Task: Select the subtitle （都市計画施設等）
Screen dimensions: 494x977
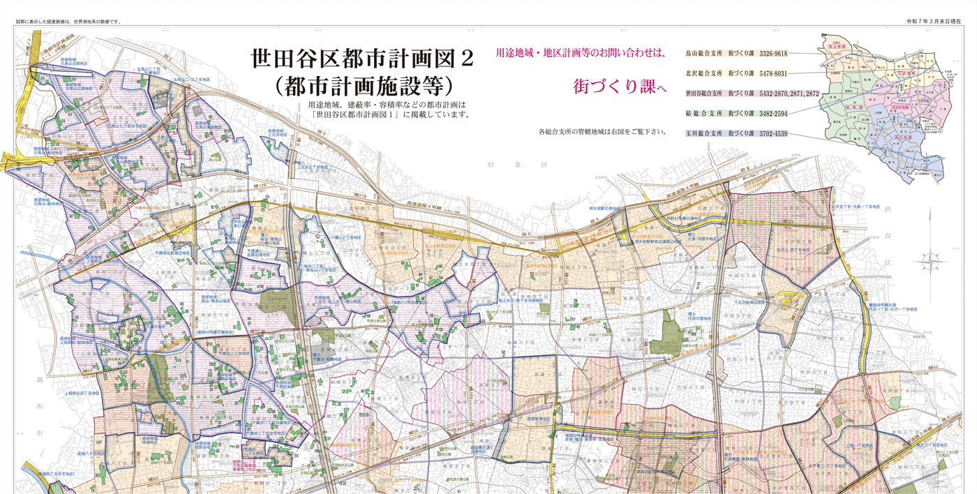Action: [364, 86]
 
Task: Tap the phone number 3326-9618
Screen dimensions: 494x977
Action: [773, 54]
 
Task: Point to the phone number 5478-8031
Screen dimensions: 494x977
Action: [773, 73]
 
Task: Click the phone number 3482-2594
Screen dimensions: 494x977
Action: [773, 113]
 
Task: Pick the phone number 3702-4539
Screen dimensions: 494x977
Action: [773, 133]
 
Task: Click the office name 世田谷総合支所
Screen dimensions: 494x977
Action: [704, 93]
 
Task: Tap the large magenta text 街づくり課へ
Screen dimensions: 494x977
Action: [620, 87]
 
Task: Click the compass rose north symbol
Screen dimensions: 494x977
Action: [932, 262]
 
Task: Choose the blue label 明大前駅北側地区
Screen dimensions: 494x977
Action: [604, 208]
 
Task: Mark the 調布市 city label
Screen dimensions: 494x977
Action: [40, 405]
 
